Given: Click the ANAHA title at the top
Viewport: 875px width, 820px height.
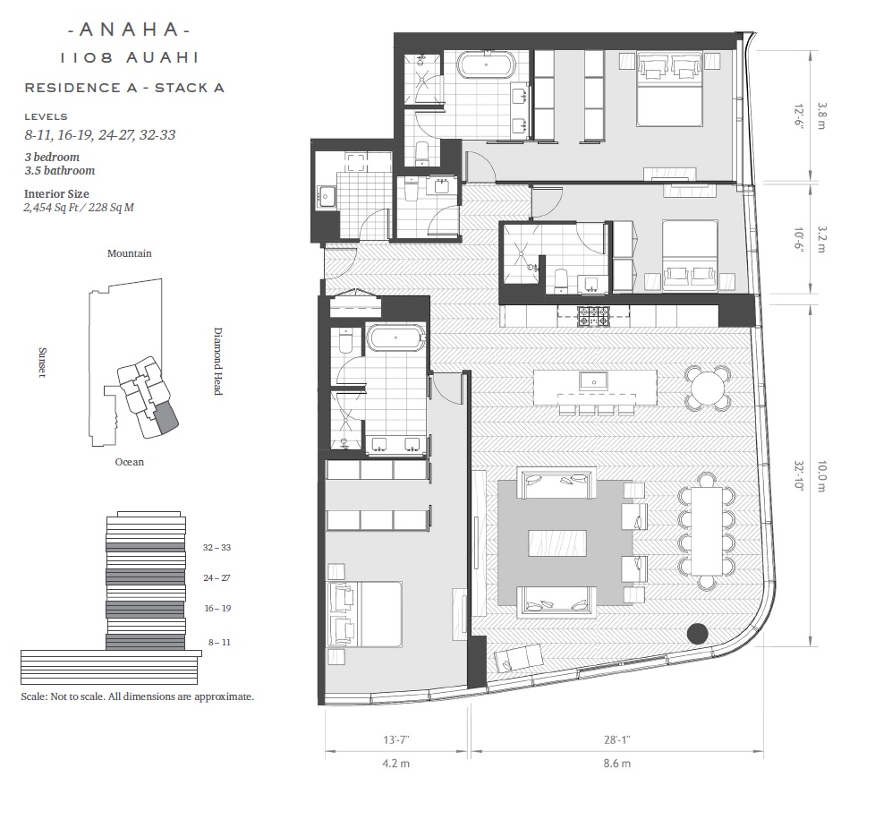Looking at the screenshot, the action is tap(129, 30).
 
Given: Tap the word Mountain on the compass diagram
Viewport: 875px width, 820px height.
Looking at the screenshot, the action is tap(130, 253).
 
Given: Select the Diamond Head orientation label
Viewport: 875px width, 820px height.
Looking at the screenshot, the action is tap(218, 361).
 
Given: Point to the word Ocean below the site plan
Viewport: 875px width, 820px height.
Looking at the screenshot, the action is tap(130, 462).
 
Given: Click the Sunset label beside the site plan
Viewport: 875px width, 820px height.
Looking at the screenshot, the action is tap(42, 363).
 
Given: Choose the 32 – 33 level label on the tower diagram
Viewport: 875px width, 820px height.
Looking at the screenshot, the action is tap(217, 548).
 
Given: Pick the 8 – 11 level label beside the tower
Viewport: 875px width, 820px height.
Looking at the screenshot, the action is tap(219, 643).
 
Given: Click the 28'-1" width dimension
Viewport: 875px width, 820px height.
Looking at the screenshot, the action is tap(616, 739).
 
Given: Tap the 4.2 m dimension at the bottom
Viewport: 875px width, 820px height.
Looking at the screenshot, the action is tap(396, 763).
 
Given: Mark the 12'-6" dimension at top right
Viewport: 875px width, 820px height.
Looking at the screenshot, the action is tap(799, 116).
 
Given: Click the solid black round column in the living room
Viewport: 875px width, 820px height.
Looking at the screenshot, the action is tap(697, 634).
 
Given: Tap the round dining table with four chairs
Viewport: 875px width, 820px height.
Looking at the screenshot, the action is tap(708, 387).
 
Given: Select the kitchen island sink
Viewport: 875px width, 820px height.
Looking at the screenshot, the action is tap(594, 381).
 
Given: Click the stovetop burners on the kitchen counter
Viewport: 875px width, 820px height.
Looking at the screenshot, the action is tap(594, 317).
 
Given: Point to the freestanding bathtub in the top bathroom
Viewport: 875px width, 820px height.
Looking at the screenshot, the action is tap(487, 64).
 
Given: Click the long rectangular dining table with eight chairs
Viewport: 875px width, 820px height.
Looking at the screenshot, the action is tap(707, 531).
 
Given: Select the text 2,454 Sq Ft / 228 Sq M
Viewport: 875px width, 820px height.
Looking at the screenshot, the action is tap(79, 208).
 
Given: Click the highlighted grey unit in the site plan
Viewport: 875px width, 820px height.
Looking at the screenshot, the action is tap(166, 417).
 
